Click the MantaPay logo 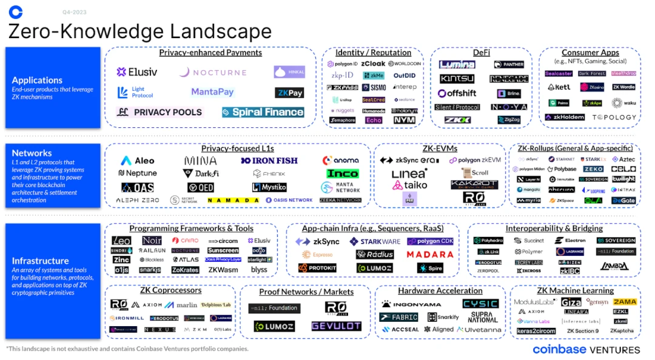pos(212,92)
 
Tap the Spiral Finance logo pos(263,112)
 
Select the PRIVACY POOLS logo pos(160,112)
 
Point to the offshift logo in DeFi pos(457,93)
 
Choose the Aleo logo pos(138,161)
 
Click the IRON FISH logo pos(270,161)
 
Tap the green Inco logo pos(343,173)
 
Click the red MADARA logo pos(430,255)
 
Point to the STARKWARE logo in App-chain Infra pos(375,241)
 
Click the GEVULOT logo pos(336,326)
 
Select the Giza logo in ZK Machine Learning pos(571,302)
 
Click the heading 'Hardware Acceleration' pos(440,291)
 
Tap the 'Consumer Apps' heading pos(590,53)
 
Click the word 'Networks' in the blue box pos(32,153)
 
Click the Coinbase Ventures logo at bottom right pos(586,350)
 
